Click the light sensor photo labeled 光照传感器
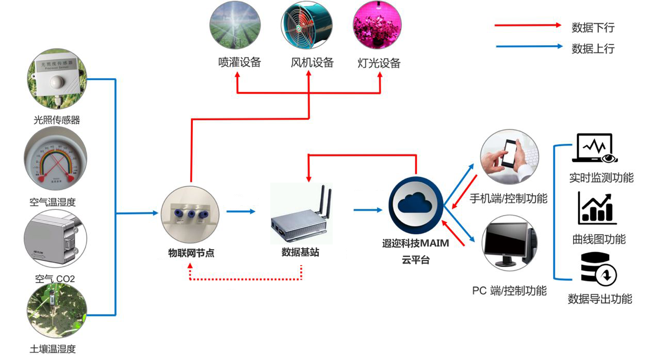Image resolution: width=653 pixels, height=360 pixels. tap(57, 80)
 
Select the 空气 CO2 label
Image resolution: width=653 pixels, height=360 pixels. tap(55, 279)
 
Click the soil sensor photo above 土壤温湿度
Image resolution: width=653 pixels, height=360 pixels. tap(55, 312)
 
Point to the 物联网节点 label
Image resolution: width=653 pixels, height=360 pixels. tap(191, 253)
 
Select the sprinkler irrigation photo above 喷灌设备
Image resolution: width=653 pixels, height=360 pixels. tap(236, 25)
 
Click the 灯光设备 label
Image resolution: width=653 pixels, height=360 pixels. tap(379, 63)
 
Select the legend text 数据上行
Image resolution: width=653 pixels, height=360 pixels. tap(593, 49)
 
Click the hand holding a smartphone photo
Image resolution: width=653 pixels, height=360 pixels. tap(509, 156)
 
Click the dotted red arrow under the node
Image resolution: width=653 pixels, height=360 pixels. tap(245, 279)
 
